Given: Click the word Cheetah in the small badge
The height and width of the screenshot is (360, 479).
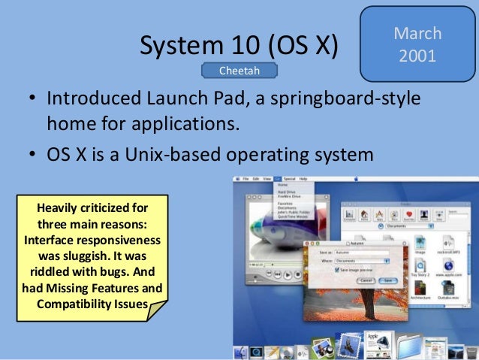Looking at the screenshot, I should [239, 71].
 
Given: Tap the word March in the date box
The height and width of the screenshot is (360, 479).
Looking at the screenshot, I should [417, 34].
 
